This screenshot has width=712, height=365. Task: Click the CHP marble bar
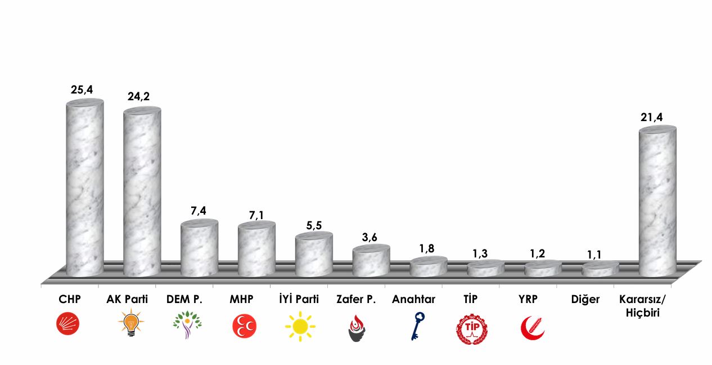point(85,189)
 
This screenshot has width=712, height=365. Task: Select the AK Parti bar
point(142,192)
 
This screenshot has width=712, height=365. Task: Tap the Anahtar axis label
point(414,300)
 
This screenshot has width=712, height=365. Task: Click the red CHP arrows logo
point(67,324)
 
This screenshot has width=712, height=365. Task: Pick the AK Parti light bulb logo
point(130,325)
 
